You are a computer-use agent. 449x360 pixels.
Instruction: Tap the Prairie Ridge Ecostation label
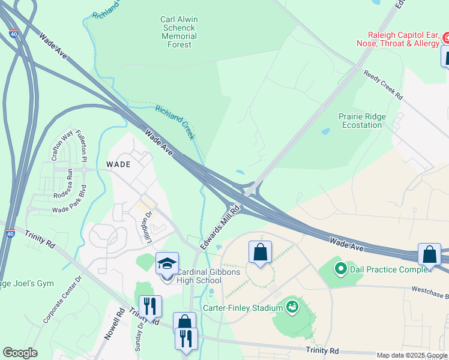pyautogui.click(x=361, y=121)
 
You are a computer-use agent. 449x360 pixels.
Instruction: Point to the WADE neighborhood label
pyautogui.click(x=118, y=163)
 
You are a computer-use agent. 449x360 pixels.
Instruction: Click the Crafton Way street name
pyautogui.click(x=58, y=147)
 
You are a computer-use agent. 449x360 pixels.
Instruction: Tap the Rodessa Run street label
pyautogui.click(x=62, y=184)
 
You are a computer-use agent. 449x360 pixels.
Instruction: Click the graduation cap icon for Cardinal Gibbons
pyautogui.click(x=167, y=263)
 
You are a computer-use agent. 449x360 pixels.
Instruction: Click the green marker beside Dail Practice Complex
pyautogui.click(x=341, y=268)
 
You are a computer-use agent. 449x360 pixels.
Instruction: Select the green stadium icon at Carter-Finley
pyautogui.click(x=292, y=307)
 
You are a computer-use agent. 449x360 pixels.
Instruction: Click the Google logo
pyautogui.click(x=20, y=353)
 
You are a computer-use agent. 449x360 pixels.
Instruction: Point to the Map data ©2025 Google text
pyautogui.click(x=412, y=355)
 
